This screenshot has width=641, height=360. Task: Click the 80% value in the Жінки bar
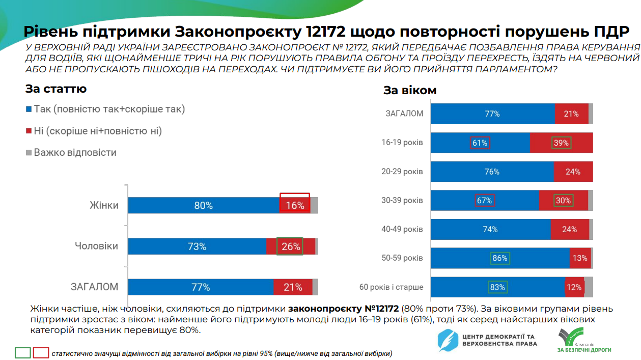click(203, 206)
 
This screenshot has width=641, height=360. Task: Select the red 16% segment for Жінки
click(295, 206)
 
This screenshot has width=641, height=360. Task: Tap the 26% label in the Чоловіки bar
click(290, 246)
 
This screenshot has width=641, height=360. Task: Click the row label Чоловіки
click(96, 246)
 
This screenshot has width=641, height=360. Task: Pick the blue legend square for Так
click(29, 109)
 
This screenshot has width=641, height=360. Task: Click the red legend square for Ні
click(29, 131)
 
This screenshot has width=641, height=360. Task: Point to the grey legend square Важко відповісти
click(29, 153)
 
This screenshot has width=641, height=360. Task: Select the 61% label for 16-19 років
click(480, 143)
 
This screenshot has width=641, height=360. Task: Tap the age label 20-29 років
click(402, 172)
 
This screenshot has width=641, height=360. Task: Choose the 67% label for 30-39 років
click(484, 201)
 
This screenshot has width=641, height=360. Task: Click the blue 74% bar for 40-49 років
click(490, 230)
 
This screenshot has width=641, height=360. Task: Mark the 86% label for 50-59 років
click(499, 258)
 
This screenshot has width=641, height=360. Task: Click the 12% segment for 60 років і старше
click(574, 287)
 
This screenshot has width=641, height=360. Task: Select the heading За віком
click(410, 91)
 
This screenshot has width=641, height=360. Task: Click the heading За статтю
click(56, 89)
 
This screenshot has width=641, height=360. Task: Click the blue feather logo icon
click(449, 341)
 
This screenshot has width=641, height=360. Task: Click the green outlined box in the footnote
click(23, 353)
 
